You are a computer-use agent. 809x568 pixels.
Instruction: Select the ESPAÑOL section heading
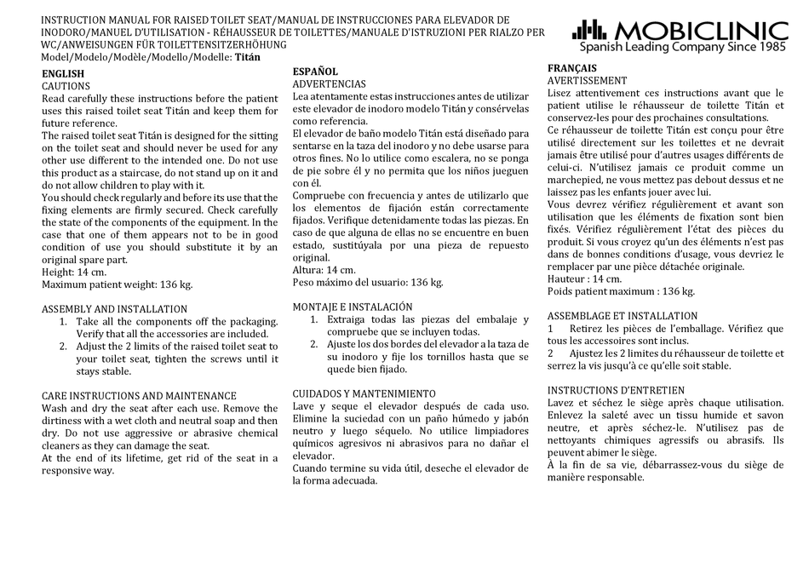[315, 72]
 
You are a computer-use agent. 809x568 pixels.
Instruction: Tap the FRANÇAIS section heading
[571, 68]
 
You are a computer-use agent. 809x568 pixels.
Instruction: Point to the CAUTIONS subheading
[66, 86]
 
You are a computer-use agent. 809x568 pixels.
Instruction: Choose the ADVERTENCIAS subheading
[329, 84]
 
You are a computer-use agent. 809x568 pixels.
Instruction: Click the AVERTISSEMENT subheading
[587, 81]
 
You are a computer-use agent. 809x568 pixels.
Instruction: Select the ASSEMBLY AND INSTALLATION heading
[114, 309]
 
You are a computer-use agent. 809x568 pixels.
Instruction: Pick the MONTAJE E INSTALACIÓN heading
[352, 307]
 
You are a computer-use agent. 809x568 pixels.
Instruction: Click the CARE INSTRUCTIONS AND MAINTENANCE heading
[139, 396]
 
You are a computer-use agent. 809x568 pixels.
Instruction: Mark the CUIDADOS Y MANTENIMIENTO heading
[364, 393]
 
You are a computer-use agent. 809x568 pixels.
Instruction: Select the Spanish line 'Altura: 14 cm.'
[324, 269]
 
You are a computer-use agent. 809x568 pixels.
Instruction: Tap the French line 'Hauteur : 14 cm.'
[585, 278]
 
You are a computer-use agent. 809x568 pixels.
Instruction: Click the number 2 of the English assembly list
[64, 347]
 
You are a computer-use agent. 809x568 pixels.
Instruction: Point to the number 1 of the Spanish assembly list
[314, 319]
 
